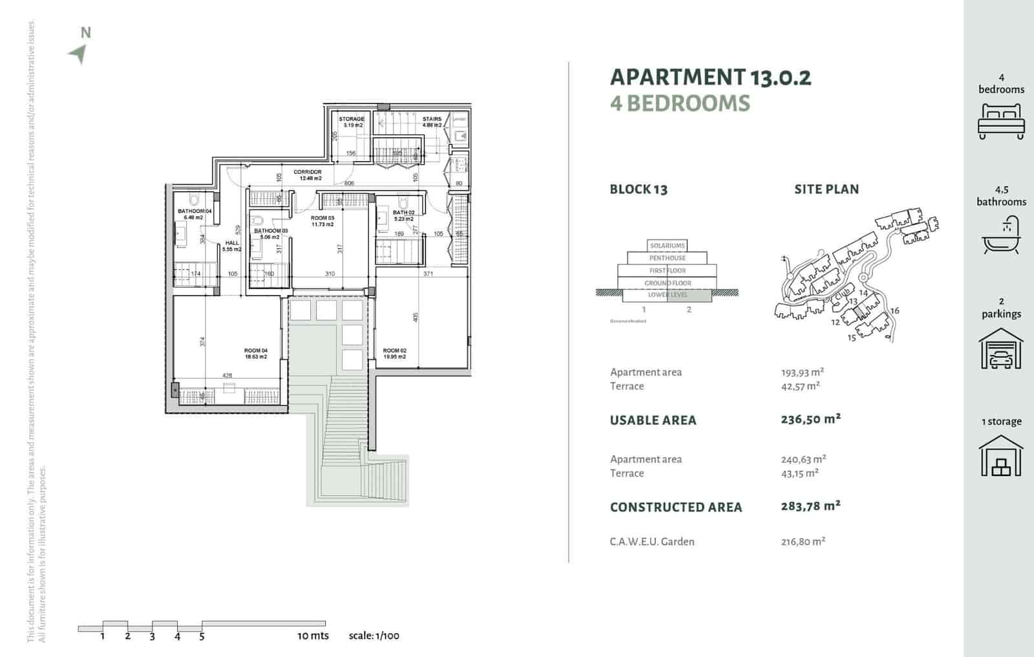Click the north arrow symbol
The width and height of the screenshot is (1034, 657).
tap(78, 54)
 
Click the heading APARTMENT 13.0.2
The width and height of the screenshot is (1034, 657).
tap(710, 77)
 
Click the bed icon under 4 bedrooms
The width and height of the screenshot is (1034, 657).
tap(1000, 120)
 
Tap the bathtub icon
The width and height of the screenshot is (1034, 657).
tap(1000, 236)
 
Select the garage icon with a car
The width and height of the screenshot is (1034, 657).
tap(1000, 349)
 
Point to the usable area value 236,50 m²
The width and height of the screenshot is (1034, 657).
tap(810, 419)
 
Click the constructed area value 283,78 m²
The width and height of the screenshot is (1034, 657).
tap(810, 506)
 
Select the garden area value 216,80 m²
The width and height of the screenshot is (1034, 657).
tap(803, 542)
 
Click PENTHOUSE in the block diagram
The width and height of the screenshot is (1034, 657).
tap(668, 258)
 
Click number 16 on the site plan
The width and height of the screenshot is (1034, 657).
tap(895, 311)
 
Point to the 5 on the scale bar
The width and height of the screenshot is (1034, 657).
tap(202, 636)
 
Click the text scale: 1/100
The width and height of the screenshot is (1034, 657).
tap(374, 636)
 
